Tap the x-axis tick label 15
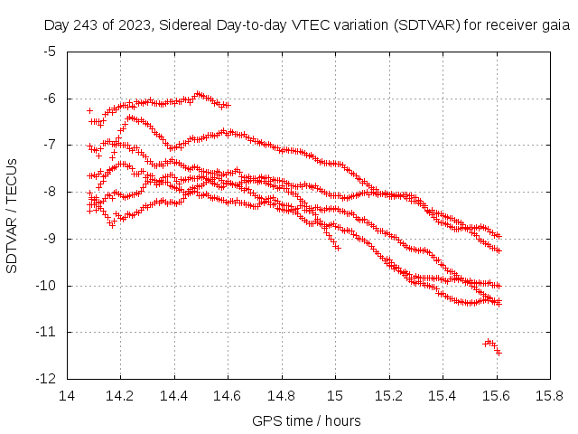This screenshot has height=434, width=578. point(335,395)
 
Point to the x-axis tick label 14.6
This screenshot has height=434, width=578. point(228,395)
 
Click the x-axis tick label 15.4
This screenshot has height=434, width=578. point(442,395)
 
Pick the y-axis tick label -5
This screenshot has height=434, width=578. point(50,51)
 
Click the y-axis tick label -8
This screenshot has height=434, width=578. point(50,192)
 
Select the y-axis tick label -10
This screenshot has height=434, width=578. point(47,286)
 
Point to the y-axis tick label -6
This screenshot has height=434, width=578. point(50,98)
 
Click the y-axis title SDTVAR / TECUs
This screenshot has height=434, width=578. point(13,215)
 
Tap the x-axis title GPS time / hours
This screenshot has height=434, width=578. point(307,420)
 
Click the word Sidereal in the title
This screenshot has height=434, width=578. point(181,25)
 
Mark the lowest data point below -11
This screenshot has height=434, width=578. point(499,352)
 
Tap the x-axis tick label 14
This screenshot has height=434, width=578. point(67,395)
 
